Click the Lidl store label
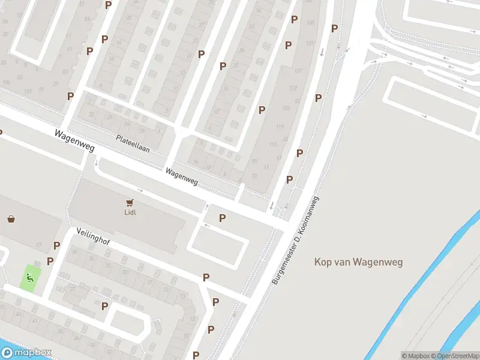[x=130, y=212]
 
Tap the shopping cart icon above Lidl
[x=130, y=203]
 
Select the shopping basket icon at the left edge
[x=11, y=219]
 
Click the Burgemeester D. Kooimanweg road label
[x=295, y=240]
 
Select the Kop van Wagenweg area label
[x=359, y=262]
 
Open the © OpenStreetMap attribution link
[x=455, y=355]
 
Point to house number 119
[x=280, y=127]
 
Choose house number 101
[x=310, y=43]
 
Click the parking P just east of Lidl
[x=222, y=218]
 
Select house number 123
[x=286, y=107]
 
